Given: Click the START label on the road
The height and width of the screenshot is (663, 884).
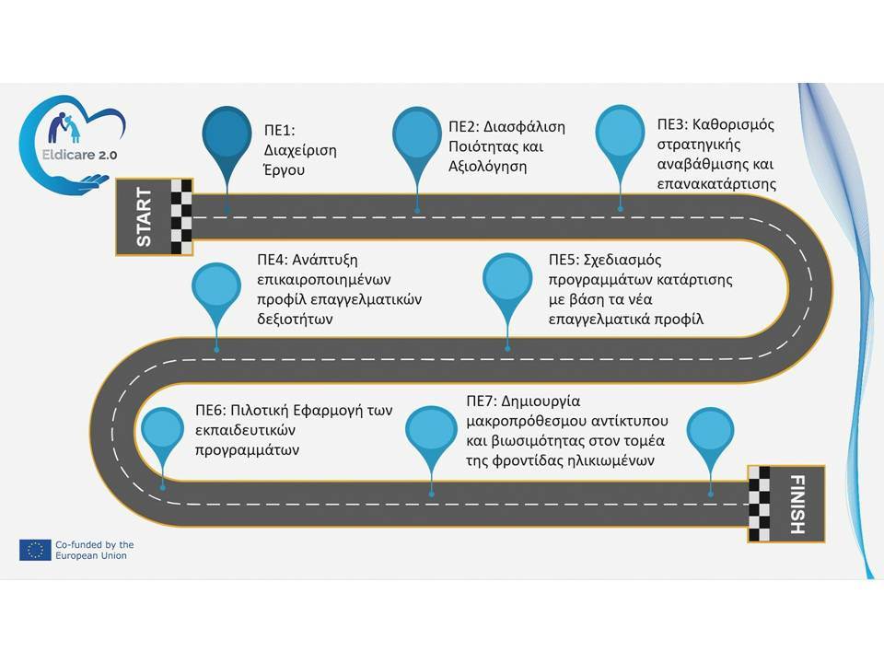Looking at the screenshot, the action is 144,217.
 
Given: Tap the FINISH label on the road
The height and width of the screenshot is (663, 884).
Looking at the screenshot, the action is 797,504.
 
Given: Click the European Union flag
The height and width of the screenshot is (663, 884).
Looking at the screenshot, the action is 35,550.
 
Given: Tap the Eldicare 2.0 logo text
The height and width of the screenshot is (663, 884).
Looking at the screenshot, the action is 79,155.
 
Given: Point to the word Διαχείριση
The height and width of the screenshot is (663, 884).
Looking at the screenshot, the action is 300,150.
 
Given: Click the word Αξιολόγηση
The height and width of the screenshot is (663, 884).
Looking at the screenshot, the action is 488,167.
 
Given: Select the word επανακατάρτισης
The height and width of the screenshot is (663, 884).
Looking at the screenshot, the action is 716,184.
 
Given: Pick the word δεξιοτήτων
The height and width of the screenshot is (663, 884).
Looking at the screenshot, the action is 295,320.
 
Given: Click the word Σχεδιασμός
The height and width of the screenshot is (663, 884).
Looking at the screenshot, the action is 622,260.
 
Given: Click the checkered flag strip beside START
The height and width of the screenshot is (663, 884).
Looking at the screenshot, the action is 181,217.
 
